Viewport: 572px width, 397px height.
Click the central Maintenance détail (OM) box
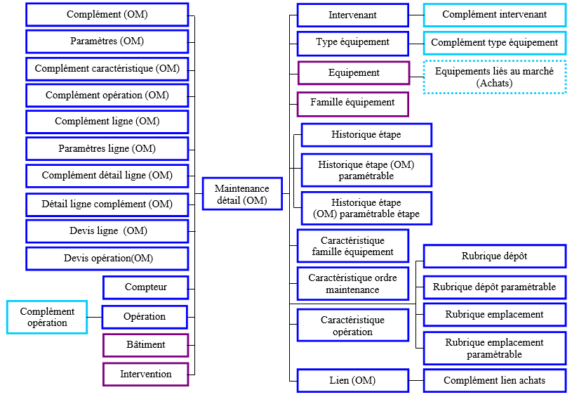point(241,195)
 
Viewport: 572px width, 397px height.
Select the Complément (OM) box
point(107,14)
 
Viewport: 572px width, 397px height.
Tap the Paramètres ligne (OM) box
point(107,149)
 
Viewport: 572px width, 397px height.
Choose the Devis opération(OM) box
point(107,259)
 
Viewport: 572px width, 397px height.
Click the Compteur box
point(145,287)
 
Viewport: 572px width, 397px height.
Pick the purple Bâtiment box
point(145,345)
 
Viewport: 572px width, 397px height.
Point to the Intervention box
point(145,374)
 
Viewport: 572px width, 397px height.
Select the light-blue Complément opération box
point(47,317)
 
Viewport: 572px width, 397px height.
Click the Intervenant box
point(352,15)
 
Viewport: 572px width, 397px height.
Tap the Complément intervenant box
point(495,15)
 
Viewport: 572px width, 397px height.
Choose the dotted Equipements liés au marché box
point(495,77)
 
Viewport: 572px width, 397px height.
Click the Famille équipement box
point(352,103)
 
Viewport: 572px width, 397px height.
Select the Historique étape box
point(366,134)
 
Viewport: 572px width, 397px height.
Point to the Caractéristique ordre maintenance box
point(352,284)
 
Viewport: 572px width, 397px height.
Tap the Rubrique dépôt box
point(495,256)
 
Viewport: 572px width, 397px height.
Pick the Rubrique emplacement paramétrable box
point(495,349)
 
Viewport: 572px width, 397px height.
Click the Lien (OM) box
point(352,381)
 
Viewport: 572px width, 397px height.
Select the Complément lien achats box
point(495,381)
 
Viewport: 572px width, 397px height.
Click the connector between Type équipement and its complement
point(416,43)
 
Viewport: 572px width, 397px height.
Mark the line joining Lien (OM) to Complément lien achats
point(416,381)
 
